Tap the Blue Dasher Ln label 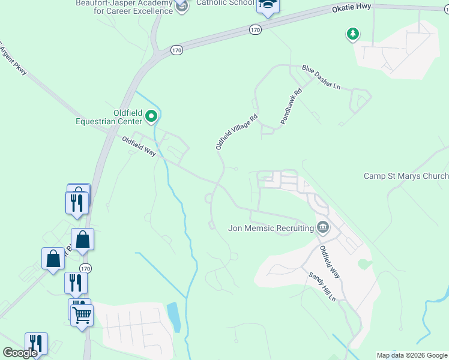pyautogui.click(x=321, y=77)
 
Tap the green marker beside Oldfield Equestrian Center pyautogui.click(x=152, y=115)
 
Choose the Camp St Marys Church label pyautogui.click(x=406, y=176)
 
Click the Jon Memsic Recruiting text pyautogui.click(x=271, y=228)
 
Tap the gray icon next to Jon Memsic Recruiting pyautogui.click(x=323, y=227)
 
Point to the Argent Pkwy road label pyautogui.click(x=13, y=60)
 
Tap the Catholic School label pyautogui.click(x=217, y=3)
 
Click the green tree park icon pyautogui.click(x=353, y=34)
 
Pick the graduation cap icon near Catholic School pyautogui.click(x=268, y=5)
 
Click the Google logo pyautogui.click(x=20, y=353)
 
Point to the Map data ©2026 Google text pyautogui.click(x=412, y=355)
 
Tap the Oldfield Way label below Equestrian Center pyautogui.click(x=139, y=147)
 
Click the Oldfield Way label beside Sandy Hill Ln pyautogui.click(x=330, y=262)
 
